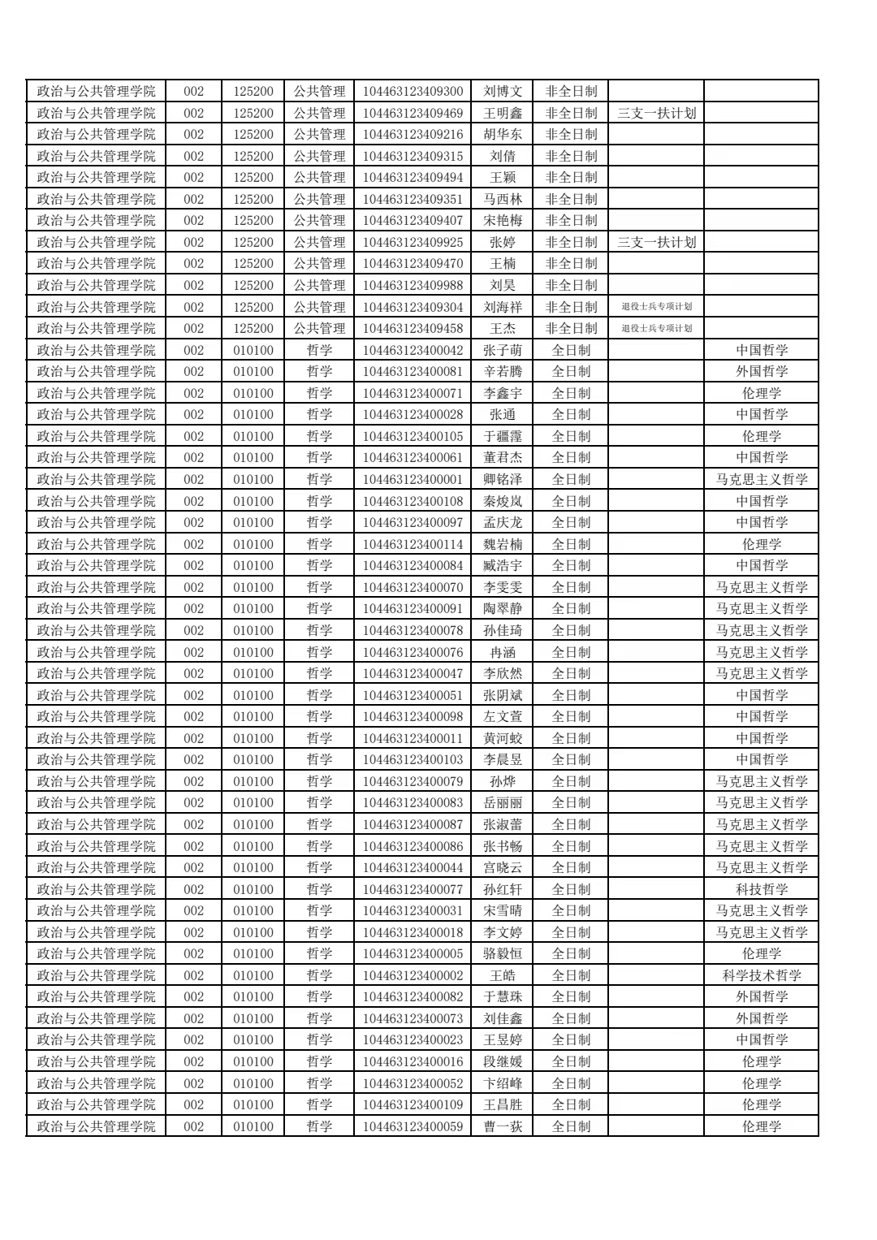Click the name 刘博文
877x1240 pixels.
(x=503, y=92)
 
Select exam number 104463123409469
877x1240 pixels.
(x=413, y=113)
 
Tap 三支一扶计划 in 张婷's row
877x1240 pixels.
(x=656, y=242)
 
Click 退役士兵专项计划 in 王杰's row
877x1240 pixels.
(x=656, y=328)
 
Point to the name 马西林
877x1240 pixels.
(x=503, y=199)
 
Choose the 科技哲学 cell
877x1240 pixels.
(x=762, y=889)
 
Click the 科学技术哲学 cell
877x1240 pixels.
(x=762, y=975)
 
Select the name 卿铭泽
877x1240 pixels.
(x=503, y=479)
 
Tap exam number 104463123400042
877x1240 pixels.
(x=413, y=350)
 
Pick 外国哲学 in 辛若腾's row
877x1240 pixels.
(x=762, y=371)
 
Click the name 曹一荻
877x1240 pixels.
(x=503, y=1126)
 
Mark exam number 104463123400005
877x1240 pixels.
(x=413, y=953)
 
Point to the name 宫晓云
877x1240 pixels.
(x=503, y=867)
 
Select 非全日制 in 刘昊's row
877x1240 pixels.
(x=571, y=285)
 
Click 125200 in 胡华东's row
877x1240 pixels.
(x=253, y=134)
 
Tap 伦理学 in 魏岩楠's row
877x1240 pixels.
(x=762, y=544)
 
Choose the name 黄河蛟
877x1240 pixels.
(x=503, y=738)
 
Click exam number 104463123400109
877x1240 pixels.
(x=413, y=1104)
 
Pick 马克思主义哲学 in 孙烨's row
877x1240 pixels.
(x=762, y=781)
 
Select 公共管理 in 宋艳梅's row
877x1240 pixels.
(x=319, y=220)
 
